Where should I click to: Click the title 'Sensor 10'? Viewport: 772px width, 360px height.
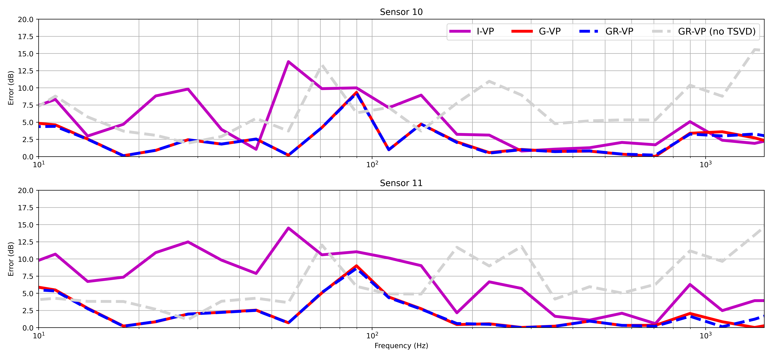[x=401, y=12]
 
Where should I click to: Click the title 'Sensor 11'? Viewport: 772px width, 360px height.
[x=401, y=183]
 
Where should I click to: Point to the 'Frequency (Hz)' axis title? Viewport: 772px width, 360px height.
[x=401, y=346]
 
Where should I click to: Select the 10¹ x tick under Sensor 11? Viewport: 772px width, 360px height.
[x=38, y=335]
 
